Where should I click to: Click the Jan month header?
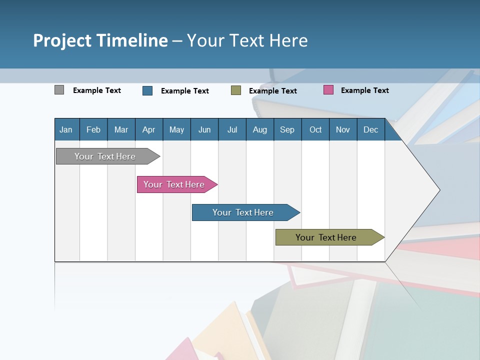coord(66,129)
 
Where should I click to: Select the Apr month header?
coord(149,129)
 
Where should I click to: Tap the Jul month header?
coord(232,129)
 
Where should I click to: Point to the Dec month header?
coord(370,129)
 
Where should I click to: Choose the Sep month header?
coord(287,129)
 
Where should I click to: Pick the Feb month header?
coord(93,129)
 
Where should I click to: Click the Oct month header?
coord(315,129)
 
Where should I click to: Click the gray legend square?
coord(59,90)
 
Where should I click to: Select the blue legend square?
coord(147,90)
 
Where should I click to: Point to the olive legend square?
coord(236,90)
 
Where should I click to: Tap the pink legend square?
coord(328,90)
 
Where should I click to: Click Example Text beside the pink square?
coord(364,90)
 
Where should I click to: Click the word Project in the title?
coord(62,40)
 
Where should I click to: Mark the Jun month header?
coord(204,129)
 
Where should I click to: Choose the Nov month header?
coord(343,129)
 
